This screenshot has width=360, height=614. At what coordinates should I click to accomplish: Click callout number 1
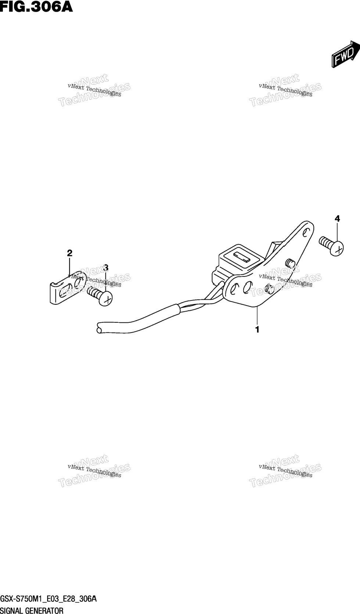click(257, 329)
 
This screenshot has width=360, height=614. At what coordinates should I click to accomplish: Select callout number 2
click(70, 253)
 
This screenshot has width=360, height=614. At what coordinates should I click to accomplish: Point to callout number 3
click(106, 267)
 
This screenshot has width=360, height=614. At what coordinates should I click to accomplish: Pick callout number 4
click(337, 219)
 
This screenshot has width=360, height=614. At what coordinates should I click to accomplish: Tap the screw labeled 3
click(100, 296)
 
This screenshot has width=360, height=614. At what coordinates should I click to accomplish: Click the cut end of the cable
click(99, 328)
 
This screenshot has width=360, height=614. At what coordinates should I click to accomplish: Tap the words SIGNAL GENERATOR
click(32, 610)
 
